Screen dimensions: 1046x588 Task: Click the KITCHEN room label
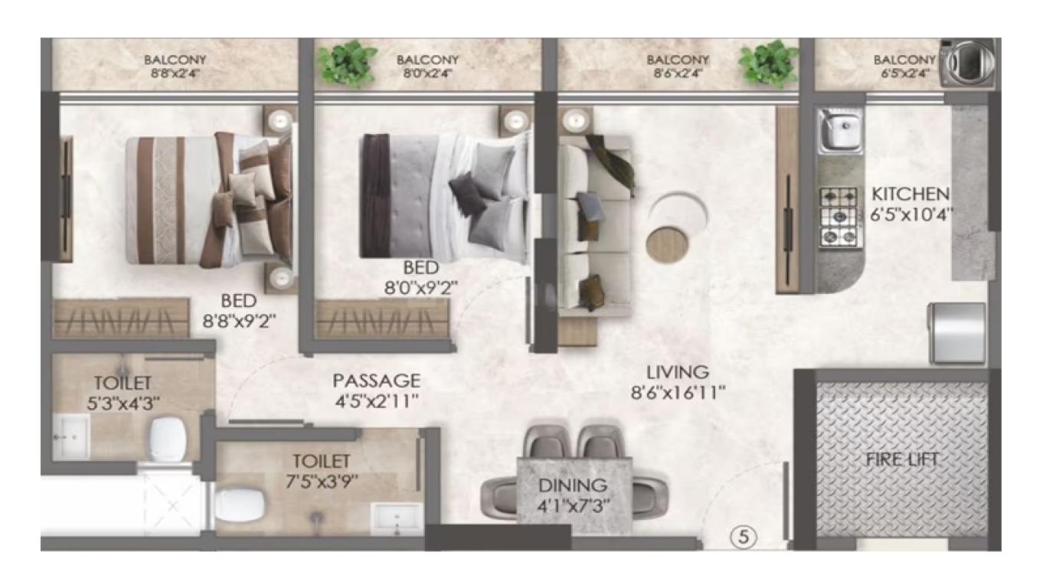tap(910, 194)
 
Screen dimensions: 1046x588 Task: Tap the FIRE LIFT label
tap(901, 460)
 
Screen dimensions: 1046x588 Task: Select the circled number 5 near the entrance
tap(743, 537)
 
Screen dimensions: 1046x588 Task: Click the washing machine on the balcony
tap(968, 63)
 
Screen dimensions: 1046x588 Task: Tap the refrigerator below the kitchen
tap(957, 332)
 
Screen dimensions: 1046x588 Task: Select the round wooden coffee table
tap(667, 243)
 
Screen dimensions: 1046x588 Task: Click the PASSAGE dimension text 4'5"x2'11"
tap(377, 401)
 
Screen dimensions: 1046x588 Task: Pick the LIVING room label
tap(678, 372)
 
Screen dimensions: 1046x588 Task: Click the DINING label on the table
tap(573, 485)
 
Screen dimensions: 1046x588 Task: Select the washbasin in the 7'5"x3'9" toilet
tap(397, 518)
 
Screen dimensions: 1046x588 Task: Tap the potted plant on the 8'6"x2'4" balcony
tap(768, 64)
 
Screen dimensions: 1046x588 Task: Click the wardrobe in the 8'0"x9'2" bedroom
tap(382, 319)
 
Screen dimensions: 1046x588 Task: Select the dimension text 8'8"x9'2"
tap(239, 322)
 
